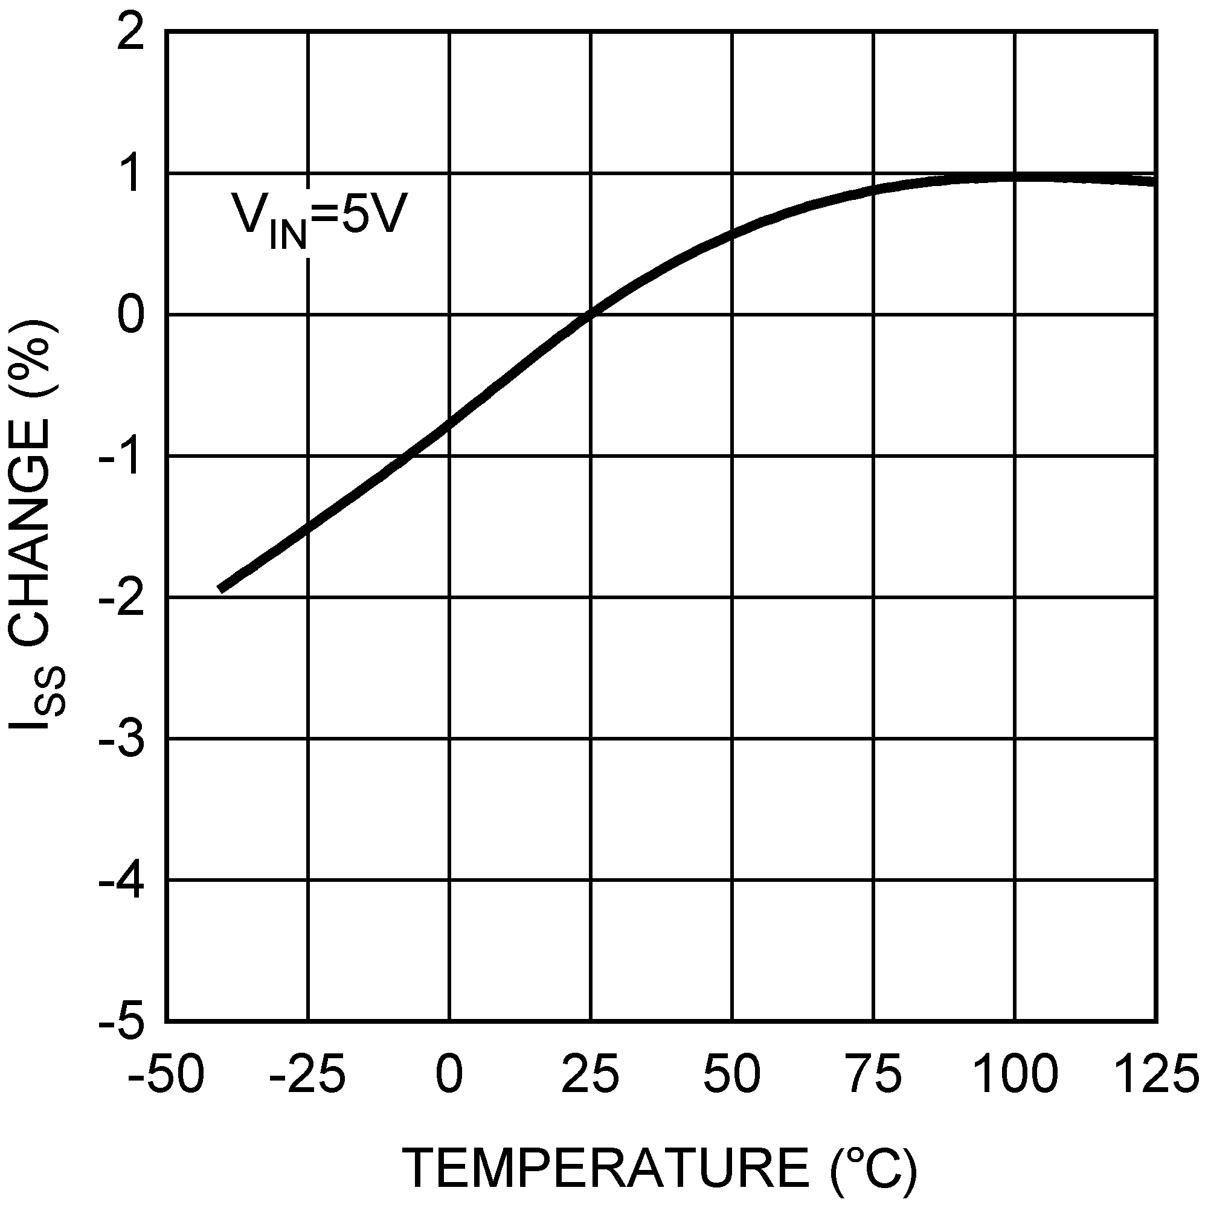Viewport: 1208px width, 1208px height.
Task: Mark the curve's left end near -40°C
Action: [x=220, y=589]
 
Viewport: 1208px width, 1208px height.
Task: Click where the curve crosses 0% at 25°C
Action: [x=590, y=315]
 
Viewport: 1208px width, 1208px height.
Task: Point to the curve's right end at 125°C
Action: [x=1154, y=181]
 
